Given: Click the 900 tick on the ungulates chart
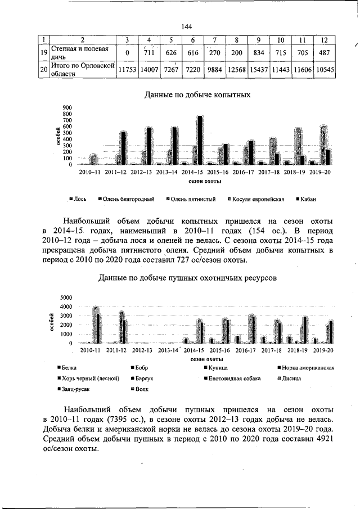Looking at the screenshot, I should (x=67, y=107).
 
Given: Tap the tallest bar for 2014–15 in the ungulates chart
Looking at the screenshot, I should (x=200, y=139).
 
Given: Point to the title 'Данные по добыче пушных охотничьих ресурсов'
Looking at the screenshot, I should (x=187, y=278).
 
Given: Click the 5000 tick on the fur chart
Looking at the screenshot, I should (x=66, y=297).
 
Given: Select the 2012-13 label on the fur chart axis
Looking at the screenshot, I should (x=142, y=350).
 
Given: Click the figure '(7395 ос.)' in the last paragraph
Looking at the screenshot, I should (x=128, y=420).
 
